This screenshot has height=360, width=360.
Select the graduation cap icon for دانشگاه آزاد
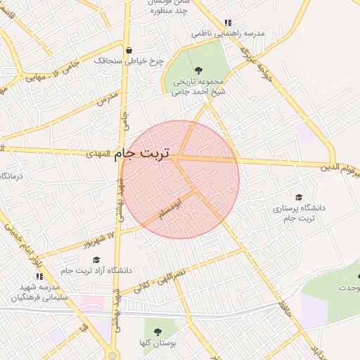pos(96,259)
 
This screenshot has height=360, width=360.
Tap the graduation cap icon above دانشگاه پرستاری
pos(299,198)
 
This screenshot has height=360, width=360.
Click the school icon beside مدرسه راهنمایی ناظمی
pos(226,22)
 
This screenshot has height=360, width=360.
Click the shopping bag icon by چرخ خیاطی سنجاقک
pos(128,50)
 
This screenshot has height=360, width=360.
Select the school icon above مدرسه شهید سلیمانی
pos(39,276)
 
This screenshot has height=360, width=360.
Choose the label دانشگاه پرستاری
pos(300,213)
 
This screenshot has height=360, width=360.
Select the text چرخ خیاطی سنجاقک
pos(139,61)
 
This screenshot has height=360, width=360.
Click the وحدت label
pos(349,288)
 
